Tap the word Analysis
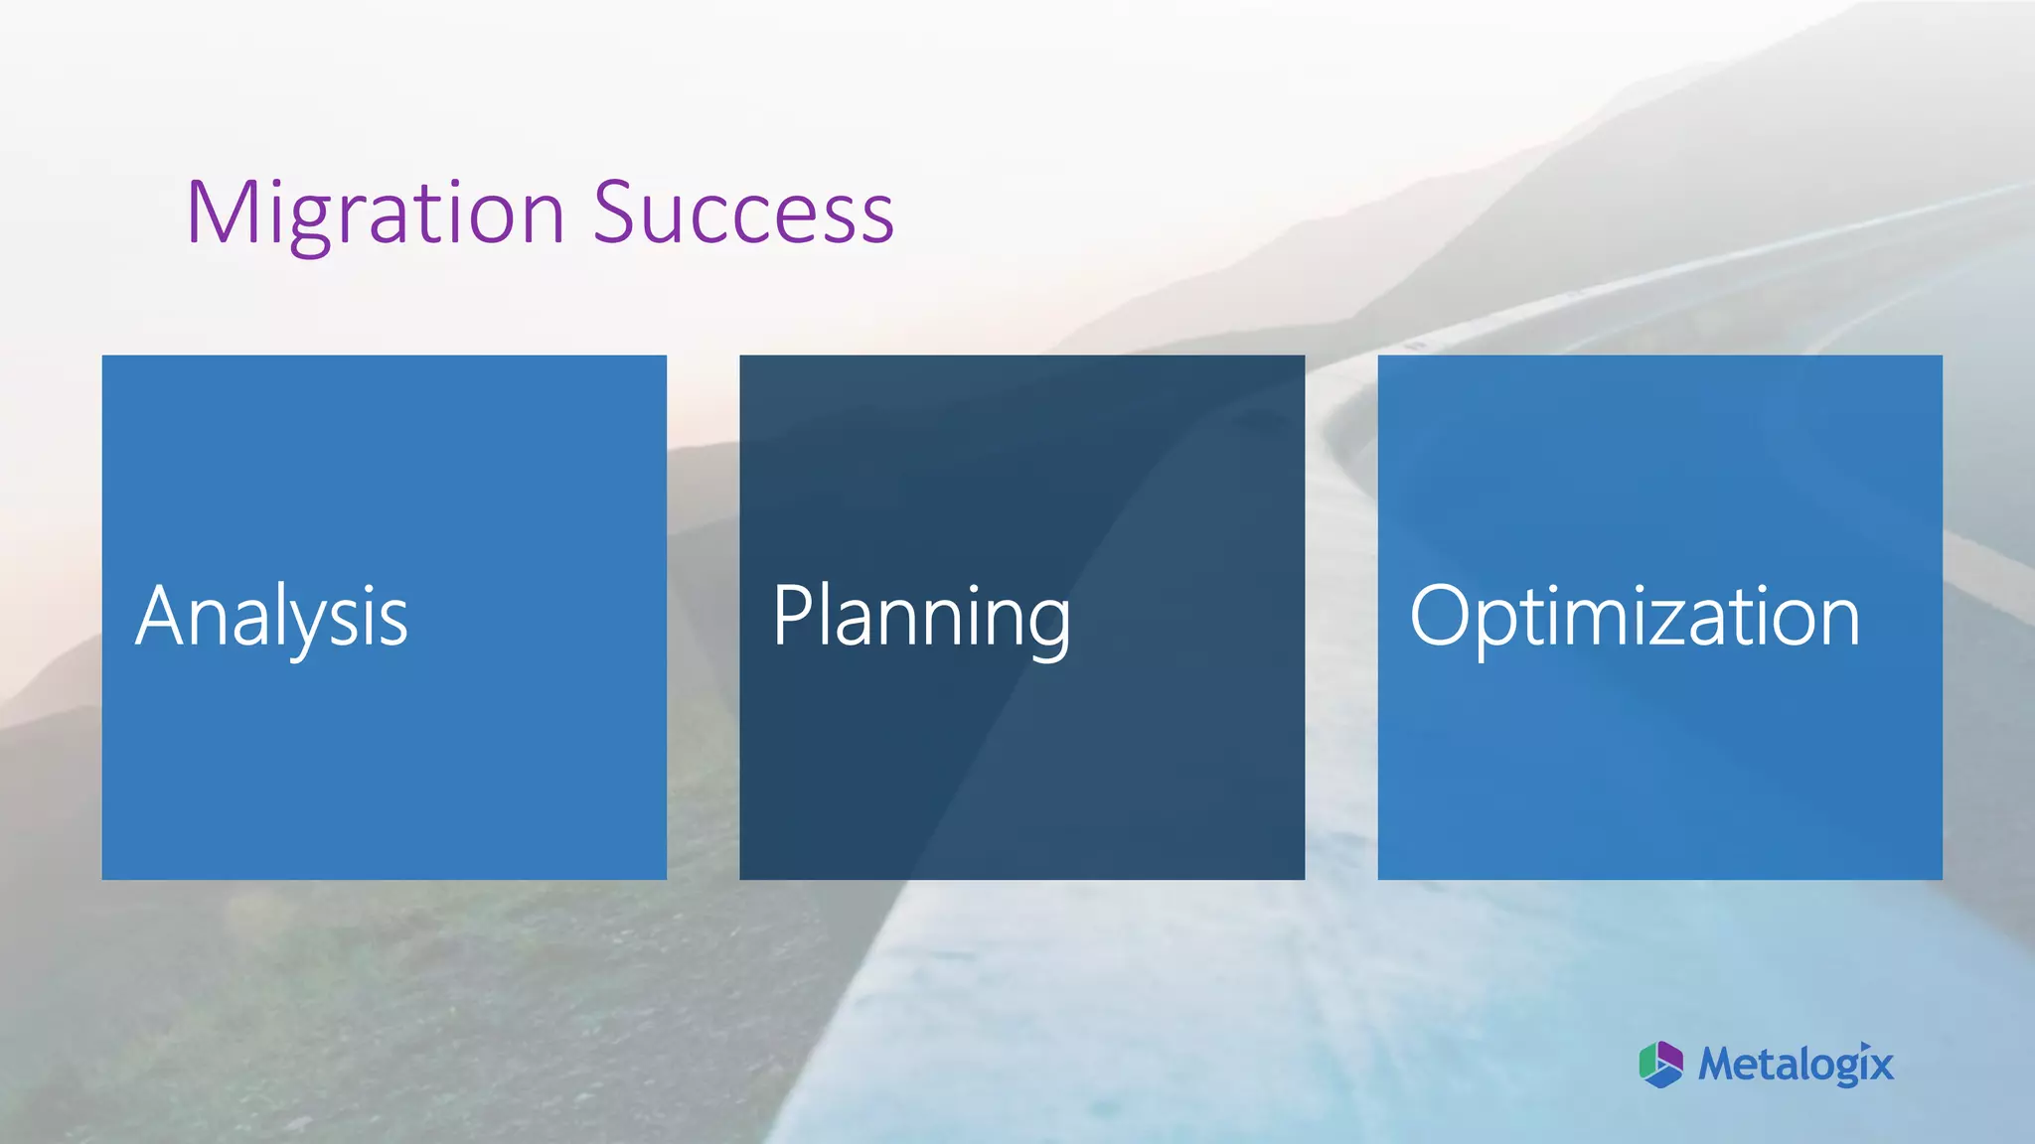tap(271, 617)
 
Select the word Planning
tap(921, 617)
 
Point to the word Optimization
tap(1635, 617)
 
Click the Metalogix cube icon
tap(1660, 1065)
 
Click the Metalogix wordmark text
tap(1796, 1065)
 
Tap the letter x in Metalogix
tap(1878, 1067)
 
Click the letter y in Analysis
tap(310, 626)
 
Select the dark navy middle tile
tap(1021, 755)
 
